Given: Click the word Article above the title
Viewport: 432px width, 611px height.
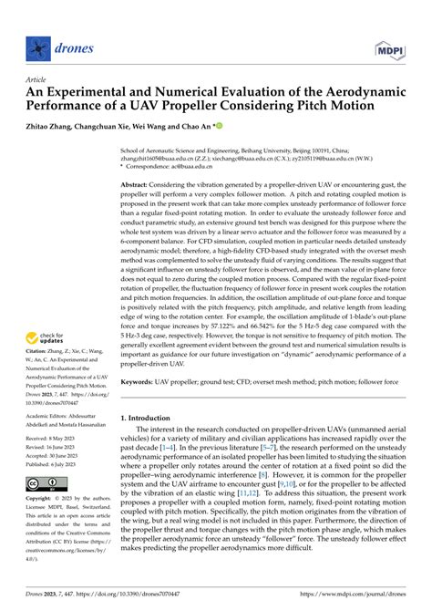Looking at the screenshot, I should pyautogui.click(x=37, y=79).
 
